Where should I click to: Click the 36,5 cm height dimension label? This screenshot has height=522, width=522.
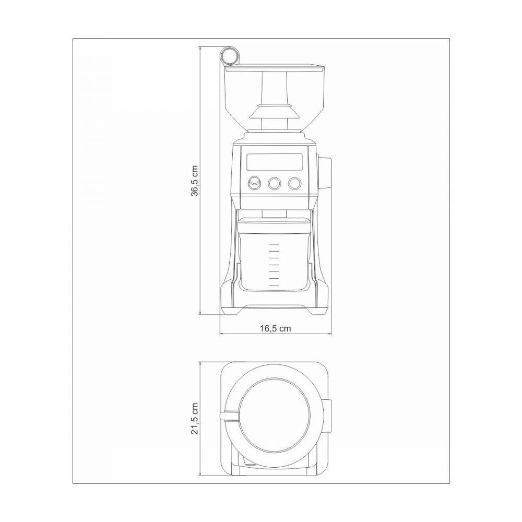pos(194,181)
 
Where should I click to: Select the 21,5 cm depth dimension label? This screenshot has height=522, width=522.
pos(194,418)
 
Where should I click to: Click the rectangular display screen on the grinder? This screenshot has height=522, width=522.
pos(275,162)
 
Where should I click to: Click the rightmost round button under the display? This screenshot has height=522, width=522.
pos(295,183)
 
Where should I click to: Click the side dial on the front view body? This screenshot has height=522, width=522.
pos(324,173)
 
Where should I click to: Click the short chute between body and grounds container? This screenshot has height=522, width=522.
pos(275,213)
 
